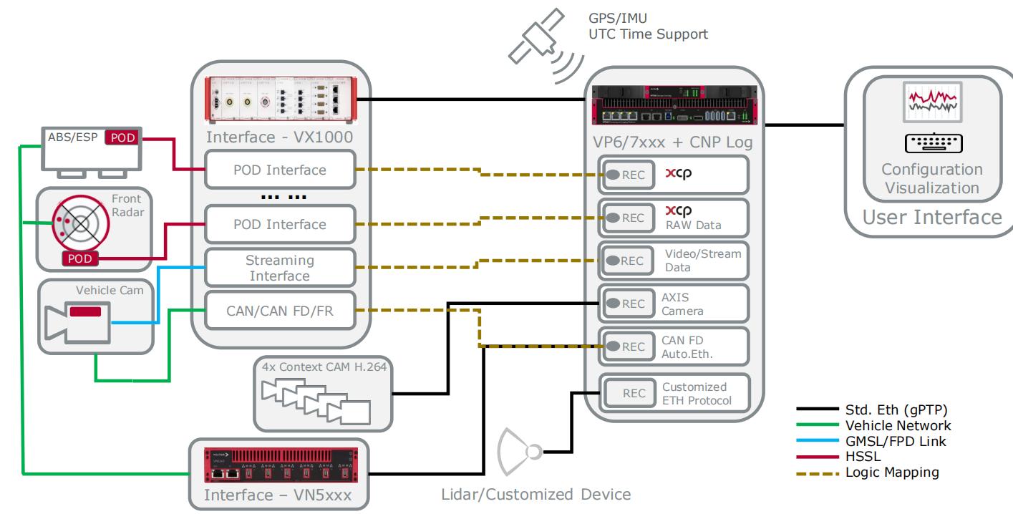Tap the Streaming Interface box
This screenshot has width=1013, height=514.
pyautogui.click(x=280, y=267)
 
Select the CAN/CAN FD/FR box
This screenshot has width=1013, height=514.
pyautogui.click(x=280, y=310)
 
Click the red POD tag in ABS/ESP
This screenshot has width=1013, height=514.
pyautogui.click(x=122, y=137)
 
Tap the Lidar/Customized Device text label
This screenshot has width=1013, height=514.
pyautogui.click(x=535, y=494)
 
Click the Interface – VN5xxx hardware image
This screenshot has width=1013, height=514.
pyautogui.click(x=280, y=462)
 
